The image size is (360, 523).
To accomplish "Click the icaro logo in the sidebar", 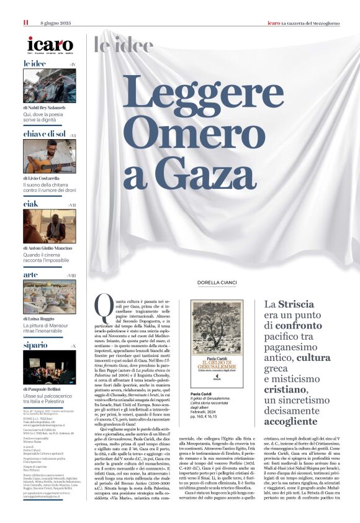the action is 50,45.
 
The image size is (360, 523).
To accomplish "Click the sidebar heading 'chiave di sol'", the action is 45,134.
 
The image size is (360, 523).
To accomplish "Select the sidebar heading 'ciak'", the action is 31,204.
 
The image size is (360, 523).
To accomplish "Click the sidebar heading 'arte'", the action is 30,275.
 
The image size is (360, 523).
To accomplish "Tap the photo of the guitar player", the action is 50,157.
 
